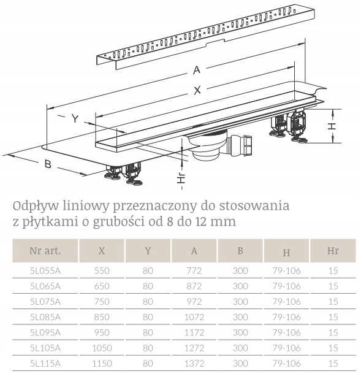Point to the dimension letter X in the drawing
[197, 90]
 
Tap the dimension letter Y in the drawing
[74, 119]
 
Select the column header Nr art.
[45, 250]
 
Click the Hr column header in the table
[333, 250]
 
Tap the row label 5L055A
[45, 270]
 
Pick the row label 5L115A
[45, 363]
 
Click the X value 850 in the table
[101, 316]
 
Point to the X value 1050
[101, 348]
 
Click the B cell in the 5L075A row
[240, 301]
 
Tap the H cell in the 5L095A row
[287, 332]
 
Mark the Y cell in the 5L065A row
[148, 286]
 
